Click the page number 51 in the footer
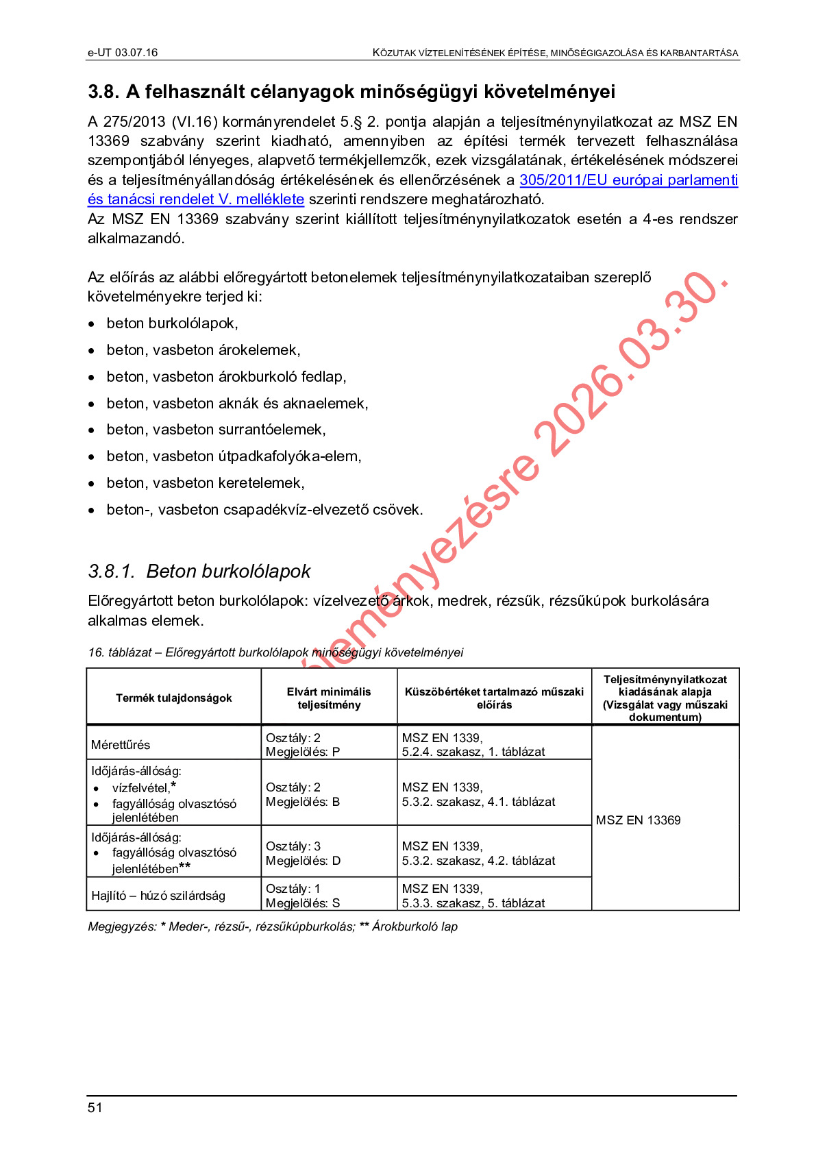pos(95,1107)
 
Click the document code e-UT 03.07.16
pos(123,53)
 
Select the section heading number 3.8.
pos(103,92)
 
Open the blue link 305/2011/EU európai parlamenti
pos(628,180)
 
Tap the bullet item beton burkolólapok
pos(172,323)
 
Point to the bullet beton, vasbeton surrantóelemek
pos(216,430)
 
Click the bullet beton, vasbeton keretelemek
pos(206,483)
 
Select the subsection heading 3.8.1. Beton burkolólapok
pos(199,571)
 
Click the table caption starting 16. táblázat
pos(275,652)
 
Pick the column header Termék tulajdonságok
pos(174,698)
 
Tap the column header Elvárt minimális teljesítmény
pos(329,698)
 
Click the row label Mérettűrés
pos(121,745)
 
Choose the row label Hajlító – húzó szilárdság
pos(158,896)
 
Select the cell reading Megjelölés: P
pos(303,752)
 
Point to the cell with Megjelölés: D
pos(303,861)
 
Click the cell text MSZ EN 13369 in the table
pos(638,820)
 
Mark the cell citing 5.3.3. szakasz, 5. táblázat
pos(473,903)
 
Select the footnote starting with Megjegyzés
pos(273,926)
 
